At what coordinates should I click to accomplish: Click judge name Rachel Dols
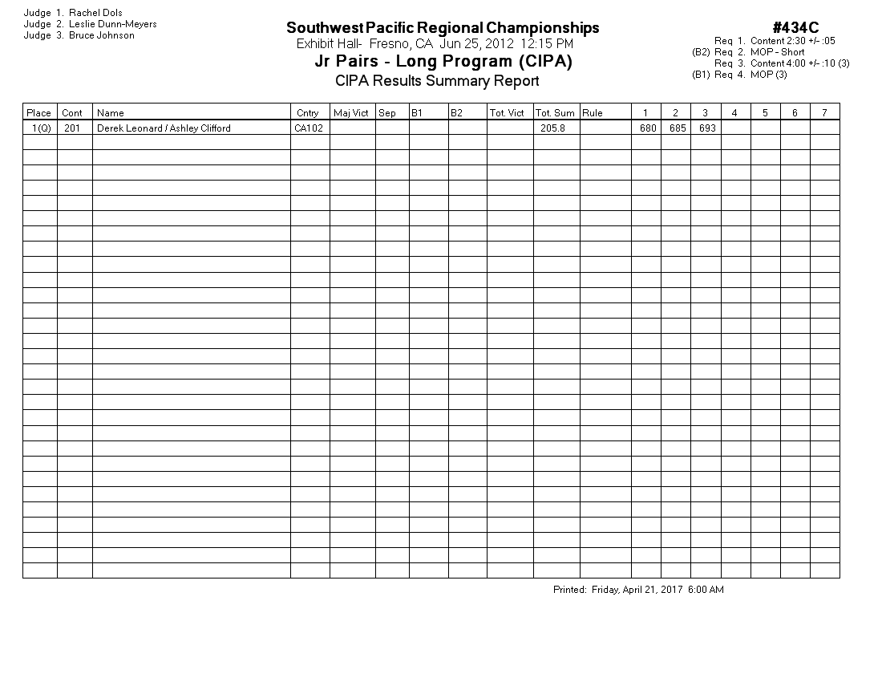[x=95, y=13]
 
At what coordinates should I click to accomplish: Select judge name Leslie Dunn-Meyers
[x=112, y=24]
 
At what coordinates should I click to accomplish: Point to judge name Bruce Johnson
[x=101, y=35]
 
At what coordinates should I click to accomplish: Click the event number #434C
[x=795, y=29]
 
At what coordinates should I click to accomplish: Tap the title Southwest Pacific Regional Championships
[x=443, y=28]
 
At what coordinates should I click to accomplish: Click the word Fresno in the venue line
[x=390, y=43]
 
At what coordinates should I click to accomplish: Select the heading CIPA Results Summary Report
[x=437, y=80]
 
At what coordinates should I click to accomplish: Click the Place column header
[x=39, y=113]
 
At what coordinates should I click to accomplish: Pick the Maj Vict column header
[x=351, y=113]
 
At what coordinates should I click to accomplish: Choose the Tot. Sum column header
[x=555, y=113]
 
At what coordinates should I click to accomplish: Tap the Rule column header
[x=593, y=113]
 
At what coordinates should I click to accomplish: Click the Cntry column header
[x=307, y=113]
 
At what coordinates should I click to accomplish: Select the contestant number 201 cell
[x=72, y=128]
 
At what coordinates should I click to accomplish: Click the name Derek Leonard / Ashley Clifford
[x=164, y=128]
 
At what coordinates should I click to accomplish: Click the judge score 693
[x=707, y=128]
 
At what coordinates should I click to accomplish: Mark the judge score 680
[x=648, y=128]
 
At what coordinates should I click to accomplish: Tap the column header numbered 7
[x=824, y=113]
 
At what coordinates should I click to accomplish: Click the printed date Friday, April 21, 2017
[x=637, y=590]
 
